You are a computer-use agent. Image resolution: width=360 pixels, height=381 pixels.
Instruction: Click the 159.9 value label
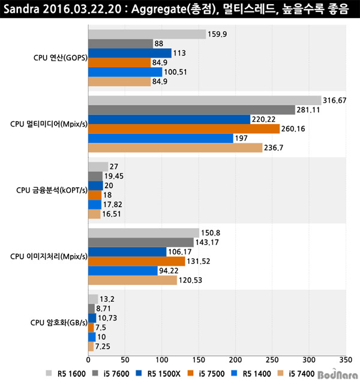[x=217, y=34]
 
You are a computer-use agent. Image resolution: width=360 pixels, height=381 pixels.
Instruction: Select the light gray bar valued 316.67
[x=205, y=100]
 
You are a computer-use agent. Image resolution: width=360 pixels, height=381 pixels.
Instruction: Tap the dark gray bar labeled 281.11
[x=191, y=110]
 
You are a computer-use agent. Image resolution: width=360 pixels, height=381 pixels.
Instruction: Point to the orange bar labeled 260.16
[x=184, y=129]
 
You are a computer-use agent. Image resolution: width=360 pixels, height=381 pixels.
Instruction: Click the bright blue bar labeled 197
[x=161, y=138]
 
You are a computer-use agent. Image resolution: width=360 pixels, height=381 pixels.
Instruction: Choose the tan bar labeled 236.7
[x=175, y=148]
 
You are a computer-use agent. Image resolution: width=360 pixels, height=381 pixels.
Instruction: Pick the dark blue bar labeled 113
[x=130, y=53]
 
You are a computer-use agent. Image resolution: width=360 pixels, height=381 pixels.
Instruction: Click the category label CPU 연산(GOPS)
[x=60, y=58]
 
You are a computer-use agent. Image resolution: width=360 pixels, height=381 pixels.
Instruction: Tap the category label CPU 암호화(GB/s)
[x=59, y=323]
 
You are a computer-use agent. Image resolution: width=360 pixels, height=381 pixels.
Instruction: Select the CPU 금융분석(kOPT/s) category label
[x=52, y=190]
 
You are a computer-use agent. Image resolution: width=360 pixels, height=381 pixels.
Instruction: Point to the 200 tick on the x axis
[x=235, y=360]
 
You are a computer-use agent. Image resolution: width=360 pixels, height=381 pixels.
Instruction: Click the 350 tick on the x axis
[x=346, y=360]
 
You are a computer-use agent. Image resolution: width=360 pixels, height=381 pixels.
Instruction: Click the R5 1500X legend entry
[x=158, y=374]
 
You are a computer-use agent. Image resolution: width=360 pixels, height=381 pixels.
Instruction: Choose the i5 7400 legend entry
[x=296, y=374]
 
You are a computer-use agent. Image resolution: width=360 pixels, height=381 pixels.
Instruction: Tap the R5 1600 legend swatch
[x=49, y=373]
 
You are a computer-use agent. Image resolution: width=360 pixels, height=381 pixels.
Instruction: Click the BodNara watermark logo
[x=338, y=374]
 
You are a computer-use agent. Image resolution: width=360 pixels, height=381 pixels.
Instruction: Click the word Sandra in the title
[x=22, y=9]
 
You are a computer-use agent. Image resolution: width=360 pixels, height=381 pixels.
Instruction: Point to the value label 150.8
[x=211, y=233]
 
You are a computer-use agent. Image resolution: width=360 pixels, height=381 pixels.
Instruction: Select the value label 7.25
[x=103, y=346]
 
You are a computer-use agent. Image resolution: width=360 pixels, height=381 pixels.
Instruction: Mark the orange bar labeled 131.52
[x=137, y=262]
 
